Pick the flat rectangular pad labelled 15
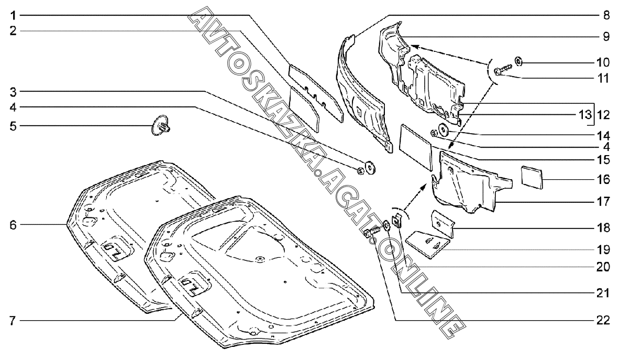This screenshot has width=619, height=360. click(415, 145)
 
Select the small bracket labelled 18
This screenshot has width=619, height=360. click(442, 223)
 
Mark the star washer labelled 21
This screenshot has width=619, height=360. click(385, 225)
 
